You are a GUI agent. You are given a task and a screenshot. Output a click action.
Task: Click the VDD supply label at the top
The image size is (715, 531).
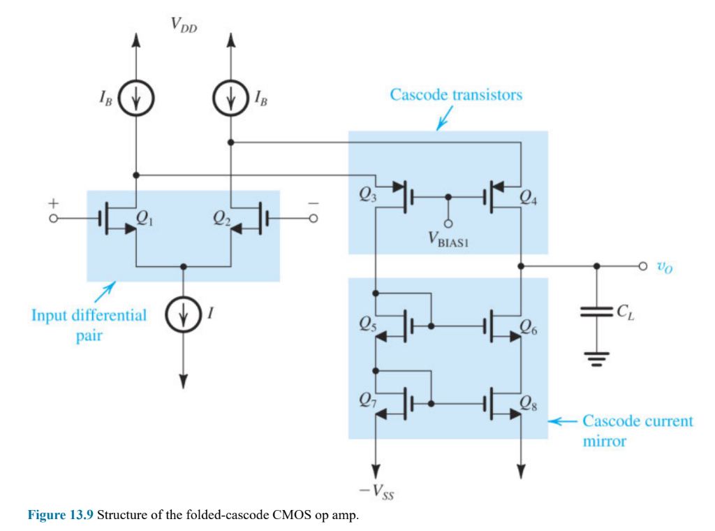[184, 25]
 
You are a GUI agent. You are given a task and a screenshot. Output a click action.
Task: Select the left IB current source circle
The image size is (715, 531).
[136, 99]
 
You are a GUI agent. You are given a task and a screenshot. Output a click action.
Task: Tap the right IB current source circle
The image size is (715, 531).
[230, 99]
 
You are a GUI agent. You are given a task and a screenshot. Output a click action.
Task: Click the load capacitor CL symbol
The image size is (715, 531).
[596, 314]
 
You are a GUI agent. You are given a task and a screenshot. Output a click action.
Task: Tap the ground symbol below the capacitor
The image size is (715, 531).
[596, 358]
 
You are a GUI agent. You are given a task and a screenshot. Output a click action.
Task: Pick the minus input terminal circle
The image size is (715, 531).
[314, 219]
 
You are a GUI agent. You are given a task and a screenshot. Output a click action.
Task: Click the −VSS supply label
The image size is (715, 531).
[377, 494]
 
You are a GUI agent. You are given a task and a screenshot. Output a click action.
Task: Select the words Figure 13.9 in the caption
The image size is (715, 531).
[60, 516]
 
